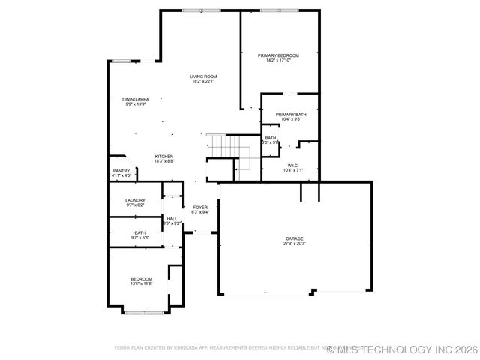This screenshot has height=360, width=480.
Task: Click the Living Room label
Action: pyautogui.click(x=202, y=76)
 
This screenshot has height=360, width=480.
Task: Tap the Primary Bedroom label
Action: pyautogui.click(x=278, y=55)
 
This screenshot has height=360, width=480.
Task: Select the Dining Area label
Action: pyautogui.click(x=135, y=99)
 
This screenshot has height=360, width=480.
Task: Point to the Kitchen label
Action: pyautogui.click(x=164, y=156)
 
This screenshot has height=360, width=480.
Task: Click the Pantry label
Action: pyautogui.click(x=121, y=170)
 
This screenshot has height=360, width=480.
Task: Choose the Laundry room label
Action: pyautogui.click(x=135, y=199)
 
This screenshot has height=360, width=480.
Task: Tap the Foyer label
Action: pyautogui.click(x=200, y=207)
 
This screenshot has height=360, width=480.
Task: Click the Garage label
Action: pyautogui.click(x=294, y=238)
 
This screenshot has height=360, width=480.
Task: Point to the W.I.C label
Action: pyautogui.click(x=292, y=166)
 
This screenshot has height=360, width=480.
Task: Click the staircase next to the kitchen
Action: pyautogui.click(x=217, y=145)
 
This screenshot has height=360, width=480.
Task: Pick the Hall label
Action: pyautogui.click(x=172, y=218)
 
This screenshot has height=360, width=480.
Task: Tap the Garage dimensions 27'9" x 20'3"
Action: pyautogui.click(x=294, y=243)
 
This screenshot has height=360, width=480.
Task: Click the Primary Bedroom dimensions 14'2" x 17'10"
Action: pyautogui.click(x=278, y=61)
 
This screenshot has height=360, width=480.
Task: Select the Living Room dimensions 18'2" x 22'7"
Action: pyautogui.click(x=202, y=81)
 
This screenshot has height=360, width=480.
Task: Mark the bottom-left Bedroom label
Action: pyautogui.click(x=141, y=278)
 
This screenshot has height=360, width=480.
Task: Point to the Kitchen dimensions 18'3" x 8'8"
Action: pyautogui.click(x=164, y=161)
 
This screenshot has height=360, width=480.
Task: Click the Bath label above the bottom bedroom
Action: pyautogui.click(x=140, y=232)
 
